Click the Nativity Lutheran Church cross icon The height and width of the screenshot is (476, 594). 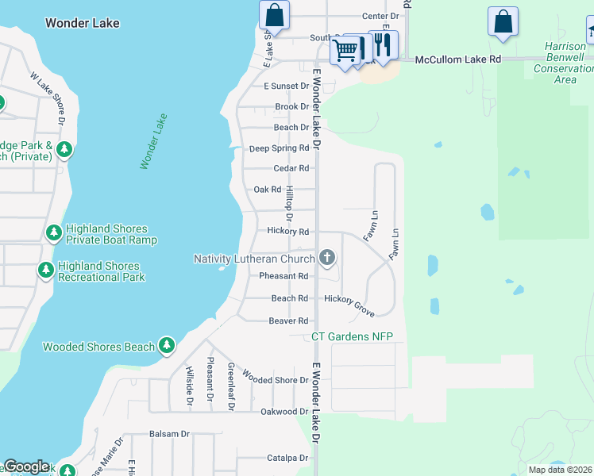click(327, 258)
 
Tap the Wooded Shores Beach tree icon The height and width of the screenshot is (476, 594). click(166, 346)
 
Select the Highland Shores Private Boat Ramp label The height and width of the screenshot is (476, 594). click(111, 234)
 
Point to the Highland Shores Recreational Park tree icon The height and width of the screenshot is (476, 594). click(46, 271)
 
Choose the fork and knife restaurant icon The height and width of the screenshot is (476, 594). click(384, 44)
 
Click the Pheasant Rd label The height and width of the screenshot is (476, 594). click(283, 276)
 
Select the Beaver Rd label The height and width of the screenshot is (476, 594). click(288, 321)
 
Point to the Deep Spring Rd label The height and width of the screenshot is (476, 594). click(279, 148)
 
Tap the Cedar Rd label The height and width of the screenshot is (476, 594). click(291, 168)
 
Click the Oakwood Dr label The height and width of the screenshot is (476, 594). click(283, 412)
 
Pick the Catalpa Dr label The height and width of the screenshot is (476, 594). click(287, 458)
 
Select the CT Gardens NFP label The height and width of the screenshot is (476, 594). click(352, 337)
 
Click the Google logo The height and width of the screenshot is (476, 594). click(26, 466)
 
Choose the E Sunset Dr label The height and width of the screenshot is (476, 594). click(286, 86)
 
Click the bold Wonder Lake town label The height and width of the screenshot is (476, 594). click(83, 23)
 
